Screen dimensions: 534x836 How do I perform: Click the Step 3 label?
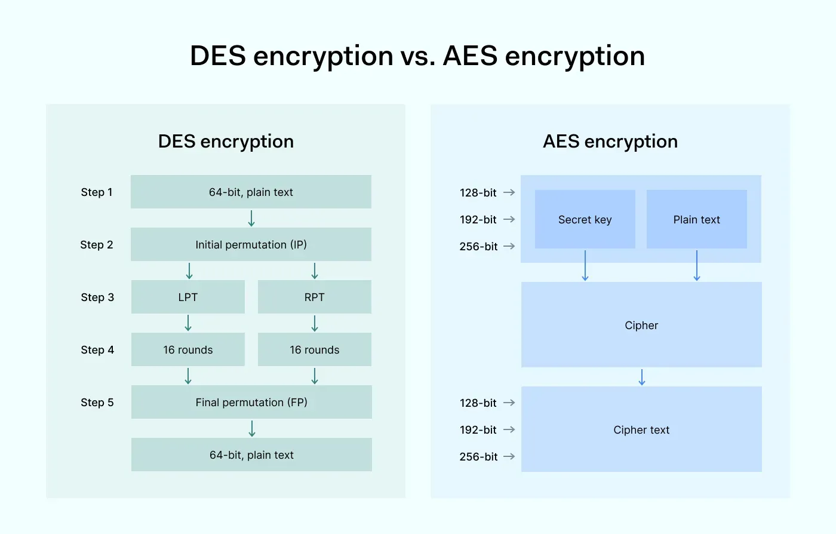pos(97,297)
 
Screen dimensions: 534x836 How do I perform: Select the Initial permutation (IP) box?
pos(251,244)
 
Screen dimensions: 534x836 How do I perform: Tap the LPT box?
pos(188,297)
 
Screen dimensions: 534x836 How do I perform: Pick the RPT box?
pos(315,297)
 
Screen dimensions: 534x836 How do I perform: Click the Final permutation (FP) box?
pos(251,402)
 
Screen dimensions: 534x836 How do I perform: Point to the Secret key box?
pos(585,219)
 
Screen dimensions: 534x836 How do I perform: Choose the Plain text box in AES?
pos(697,219)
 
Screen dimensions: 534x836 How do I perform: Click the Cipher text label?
pos(641,430)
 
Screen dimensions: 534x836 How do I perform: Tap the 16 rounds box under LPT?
pos(188,349)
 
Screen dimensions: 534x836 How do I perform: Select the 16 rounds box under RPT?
pos(315,349)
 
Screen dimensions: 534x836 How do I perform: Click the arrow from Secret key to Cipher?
pos(585,266)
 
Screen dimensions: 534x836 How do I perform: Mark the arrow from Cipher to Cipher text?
pos(642,378)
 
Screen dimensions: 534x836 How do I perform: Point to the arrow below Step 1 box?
pos(251,218)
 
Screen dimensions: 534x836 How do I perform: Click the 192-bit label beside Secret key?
pos(478,220)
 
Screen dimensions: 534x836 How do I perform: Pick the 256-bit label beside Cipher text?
pos(478,457)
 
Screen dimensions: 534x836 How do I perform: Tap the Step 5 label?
pos(97,403)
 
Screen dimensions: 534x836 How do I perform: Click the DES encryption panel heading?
pos(226,142)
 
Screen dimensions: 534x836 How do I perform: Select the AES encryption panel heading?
pos(610,142)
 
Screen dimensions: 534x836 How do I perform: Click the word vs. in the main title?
pos(417,57)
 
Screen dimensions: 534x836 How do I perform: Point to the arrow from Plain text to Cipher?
pos(697,266)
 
